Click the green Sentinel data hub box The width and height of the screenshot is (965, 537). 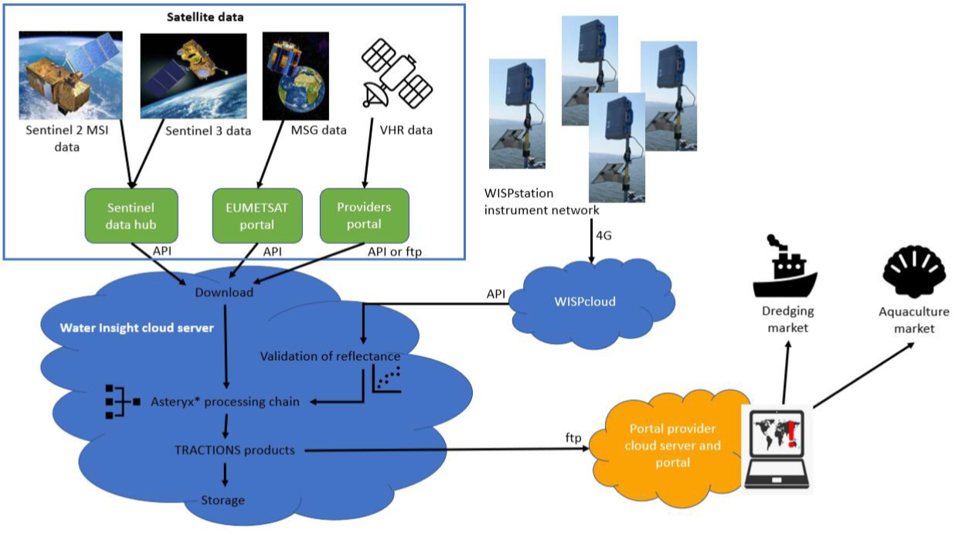[x=131, y=216]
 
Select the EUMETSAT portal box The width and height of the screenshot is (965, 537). [x=257, y=216]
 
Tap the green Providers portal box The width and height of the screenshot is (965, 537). [x=365, y=216]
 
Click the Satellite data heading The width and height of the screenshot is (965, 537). [x=205, y=17]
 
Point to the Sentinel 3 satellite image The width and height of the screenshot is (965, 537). [x=193, y=76]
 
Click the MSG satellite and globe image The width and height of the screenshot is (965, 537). [x=296, y=76]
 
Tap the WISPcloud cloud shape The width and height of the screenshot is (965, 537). [x=592, y=301]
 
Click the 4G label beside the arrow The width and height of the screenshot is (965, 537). [x=603, y=236]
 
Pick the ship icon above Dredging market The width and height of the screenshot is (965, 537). [x=785, y=266]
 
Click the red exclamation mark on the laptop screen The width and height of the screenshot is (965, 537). [x=791, y=434]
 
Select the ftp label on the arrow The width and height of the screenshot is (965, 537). [x=573, y=438]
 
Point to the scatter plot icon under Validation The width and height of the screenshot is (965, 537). [x=386, y=379]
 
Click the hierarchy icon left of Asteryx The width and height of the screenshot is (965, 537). [x=123, y=402]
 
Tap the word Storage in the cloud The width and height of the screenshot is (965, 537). [x=223, y=501]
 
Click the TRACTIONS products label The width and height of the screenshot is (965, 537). [x=235, y=450]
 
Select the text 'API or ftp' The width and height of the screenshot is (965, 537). [x=395, y=252]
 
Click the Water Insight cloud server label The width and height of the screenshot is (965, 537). [x=137, y=328]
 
